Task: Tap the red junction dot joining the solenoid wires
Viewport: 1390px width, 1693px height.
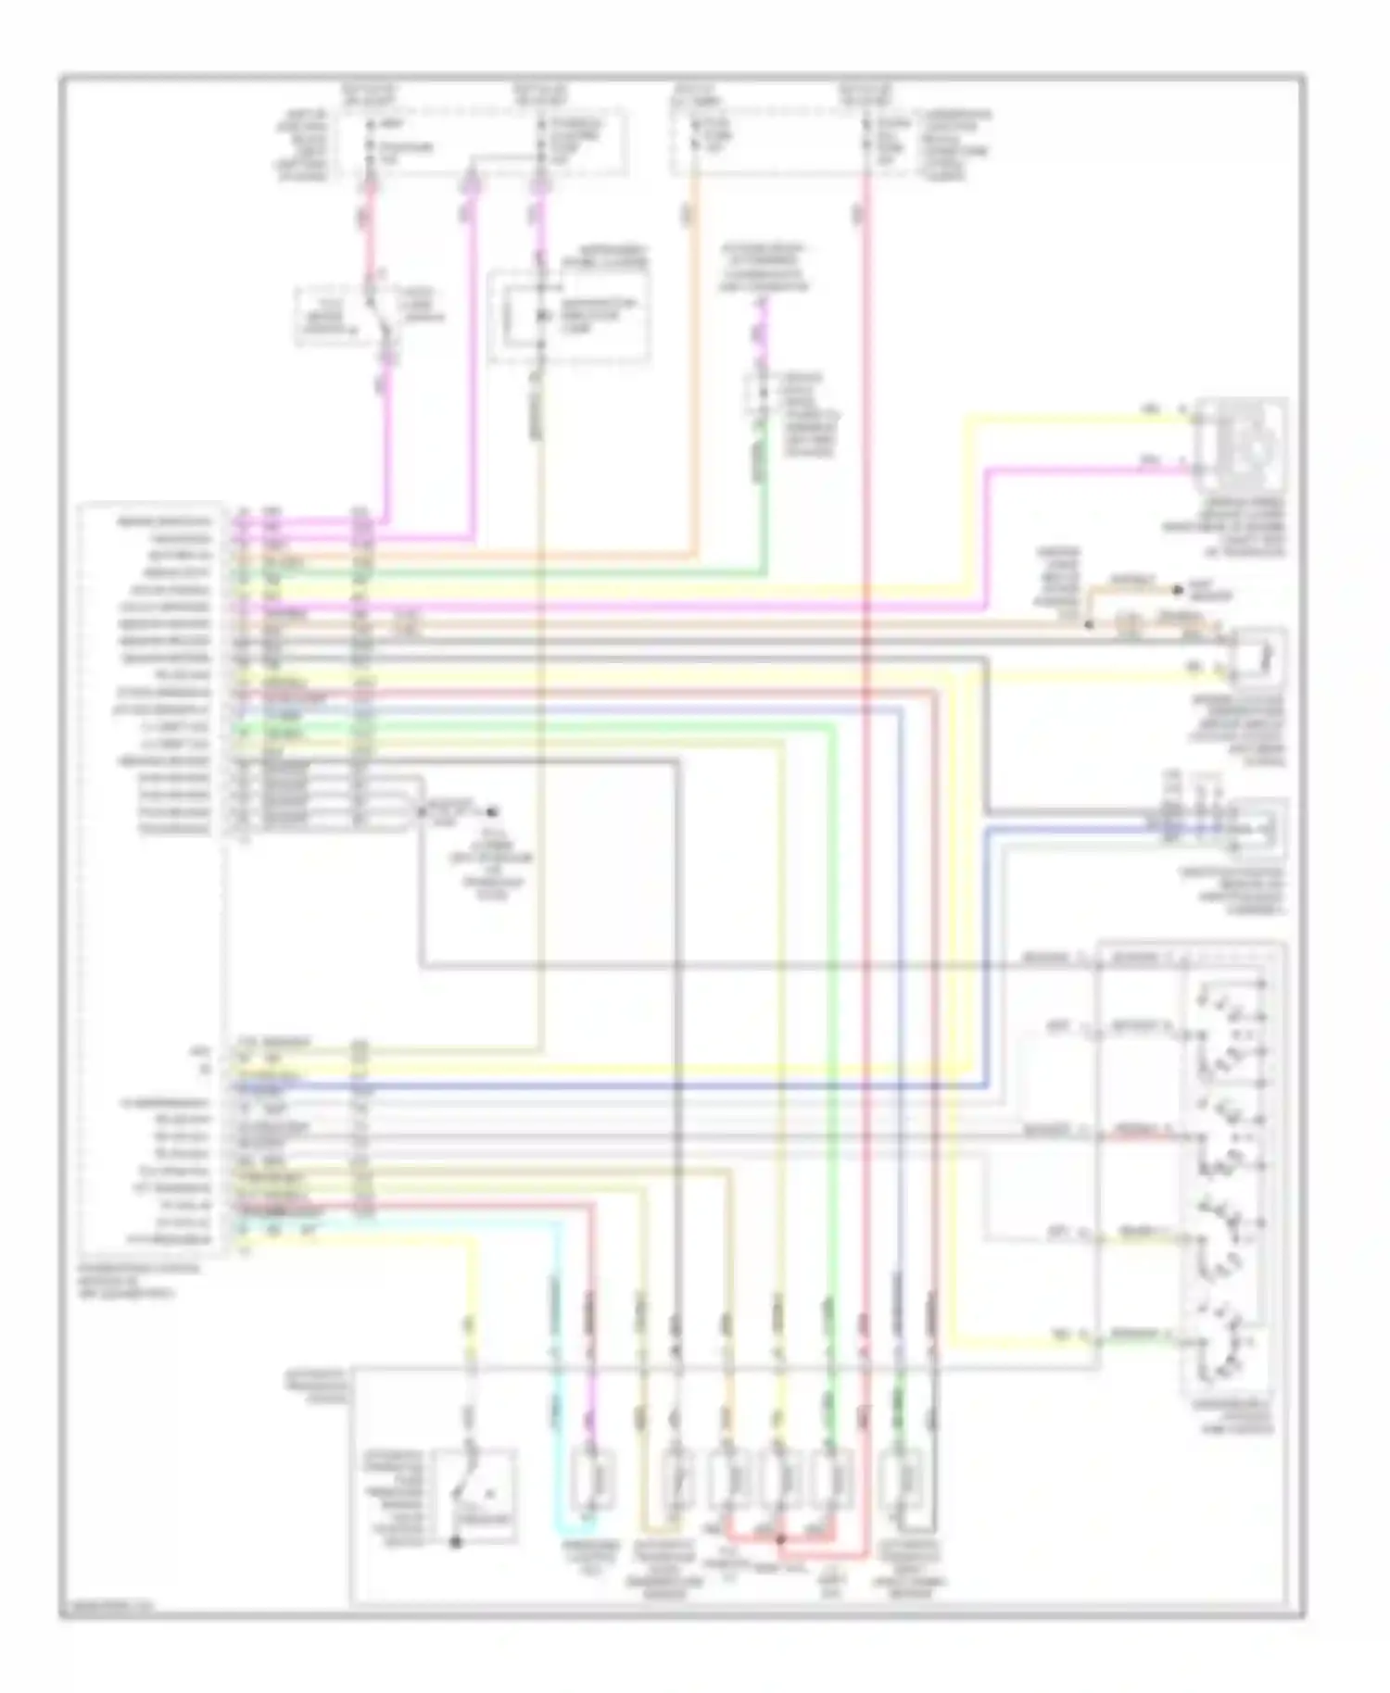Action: pos(779,1540)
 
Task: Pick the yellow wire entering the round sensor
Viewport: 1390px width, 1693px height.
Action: pos(1075,420)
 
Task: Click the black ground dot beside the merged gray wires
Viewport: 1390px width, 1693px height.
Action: pos(492,812)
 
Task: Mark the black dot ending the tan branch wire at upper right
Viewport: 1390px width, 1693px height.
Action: pos(1178,589)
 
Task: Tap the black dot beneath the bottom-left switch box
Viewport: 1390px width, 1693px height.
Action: pos(455,1543)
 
